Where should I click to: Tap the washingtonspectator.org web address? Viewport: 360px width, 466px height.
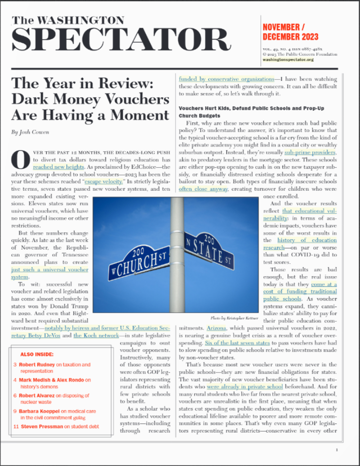(288, 59)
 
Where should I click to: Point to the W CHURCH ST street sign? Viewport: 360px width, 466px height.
(138, 261)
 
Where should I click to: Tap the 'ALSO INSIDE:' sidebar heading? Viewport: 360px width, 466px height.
(37, 354)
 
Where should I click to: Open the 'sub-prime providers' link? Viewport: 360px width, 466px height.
(310, 153)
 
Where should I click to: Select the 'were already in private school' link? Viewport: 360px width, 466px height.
(245, 387)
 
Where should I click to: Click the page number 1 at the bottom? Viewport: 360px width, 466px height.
(337, 450)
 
